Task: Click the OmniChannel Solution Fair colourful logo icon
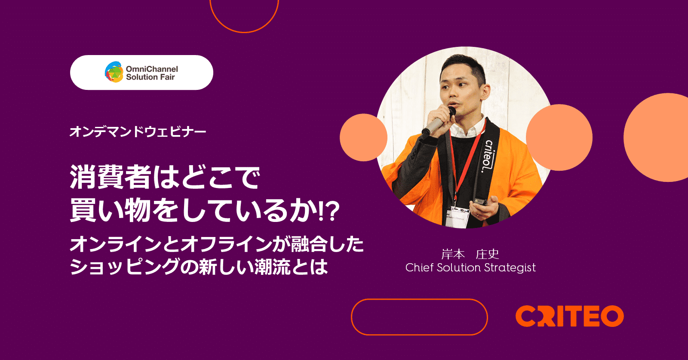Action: pos(114,72)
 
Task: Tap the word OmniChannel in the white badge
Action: pos(152,69)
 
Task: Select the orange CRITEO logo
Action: pos(569,316)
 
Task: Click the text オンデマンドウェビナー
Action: pos(138,132)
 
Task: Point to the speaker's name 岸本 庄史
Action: pos(470,254)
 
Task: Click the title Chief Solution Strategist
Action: pos(470,268)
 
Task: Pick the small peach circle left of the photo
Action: pos(363,137)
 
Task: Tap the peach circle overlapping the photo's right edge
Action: pos(559,137)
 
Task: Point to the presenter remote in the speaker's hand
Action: pos(480,201)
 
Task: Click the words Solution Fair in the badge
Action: pos(150,77)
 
